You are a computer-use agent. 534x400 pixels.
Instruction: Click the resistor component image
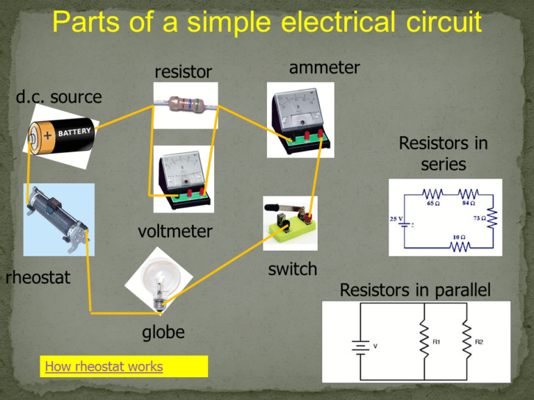click(x=185, y=105)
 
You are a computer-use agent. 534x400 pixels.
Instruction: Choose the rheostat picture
click(x=58, y=219)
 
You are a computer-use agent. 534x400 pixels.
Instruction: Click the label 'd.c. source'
click(x=58, y=97)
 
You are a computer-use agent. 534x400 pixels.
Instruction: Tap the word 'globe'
click(x=163, y=333)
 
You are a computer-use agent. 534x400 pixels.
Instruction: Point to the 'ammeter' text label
click(x=323, y=67)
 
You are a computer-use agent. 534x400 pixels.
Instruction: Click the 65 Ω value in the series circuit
click(x=431, y=205)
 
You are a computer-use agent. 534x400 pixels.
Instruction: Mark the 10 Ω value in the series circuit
click(x=458, y=237)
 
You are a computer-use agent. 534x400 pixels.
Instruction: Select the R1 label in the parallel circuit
click(x=435, y=342)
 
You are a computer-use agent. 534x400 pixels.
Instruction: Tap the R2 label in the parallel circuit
click(x=479, y=342)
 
